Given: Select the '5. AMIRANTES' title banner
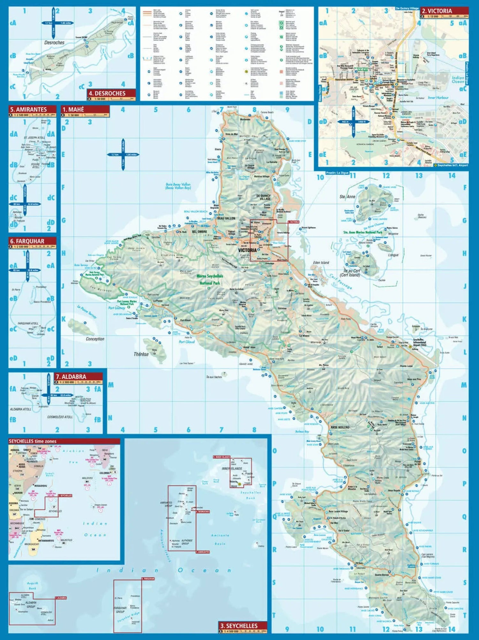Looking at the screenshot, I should [x=28, y=109].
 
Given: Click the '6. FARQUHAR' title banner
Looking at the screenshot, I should [x=27, y=241].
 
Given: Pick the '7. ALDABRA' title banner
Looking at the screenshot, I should [x=71, y=377].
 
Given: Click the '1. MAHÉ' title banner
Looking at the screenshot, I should [x=73, y=109].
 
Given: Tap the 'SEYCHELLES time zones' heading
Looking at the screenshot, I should [x=33, y=441].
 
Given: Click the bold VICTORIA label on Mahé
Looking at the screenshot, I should [x=247, y=250].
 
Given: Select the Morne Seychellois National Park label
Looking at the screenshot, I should [x=209, y=279].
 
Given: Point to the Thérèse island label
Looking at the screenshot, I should [x=141, y=354].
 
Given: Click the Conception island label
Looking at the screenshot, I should [x=95, y=339].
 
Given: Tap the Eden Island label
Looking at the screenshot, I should [x=321, y=262].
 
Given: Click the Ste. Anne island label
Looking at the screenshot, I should [x=347, y=197].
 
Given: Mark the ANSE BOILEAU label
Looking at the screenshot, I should [x=340, y=427].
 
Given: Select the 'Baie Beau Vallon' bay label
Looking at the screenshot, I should [x=178, y=186].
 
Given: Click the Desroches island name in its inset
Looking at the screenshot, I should [x=54, y=42].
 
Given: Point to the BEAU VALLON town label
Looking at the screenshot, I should [x=226, y=218].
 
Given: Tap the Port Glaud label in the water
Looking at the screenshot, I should [x=186, y=342].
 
